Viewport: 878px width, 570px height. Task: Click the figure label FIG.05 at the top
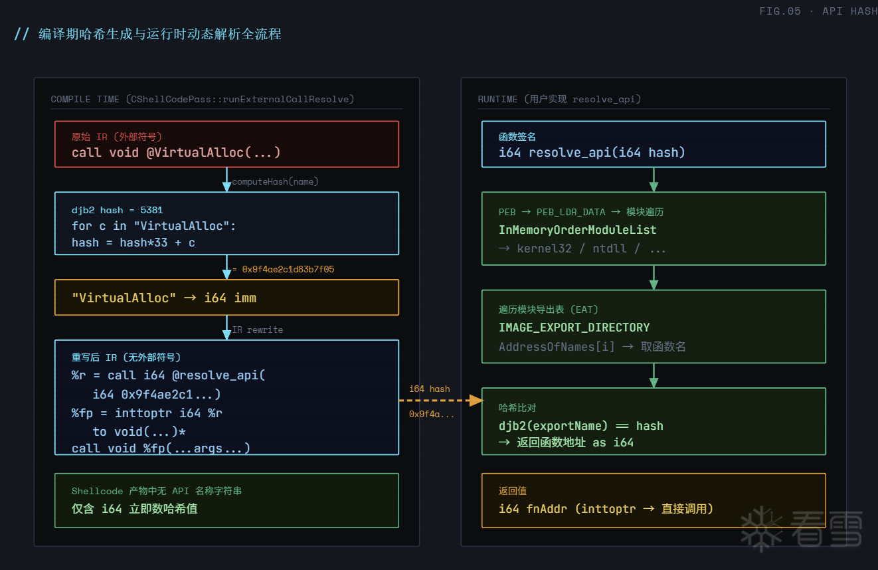click(x=780, y=11)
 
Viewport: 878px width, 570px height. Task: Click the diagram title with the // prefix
click(x=147, y=34)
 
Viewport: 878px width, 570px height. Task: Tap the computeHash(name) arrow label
click(x=275, y=181)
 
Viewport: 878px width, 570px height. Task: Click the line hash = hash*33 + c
click(x=133, y=242)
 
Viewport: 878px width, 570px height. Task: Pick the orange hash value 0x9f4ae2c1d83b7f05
click(x=288, y=269)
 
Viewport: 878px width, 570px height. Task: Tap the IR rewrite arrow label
click(x=257, y=330)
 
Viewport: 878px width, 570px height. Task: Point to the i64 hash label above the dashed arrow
click(x=429, y=389)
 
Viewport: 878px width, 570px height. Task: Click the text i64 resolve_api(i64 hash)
click(x=592, y=153)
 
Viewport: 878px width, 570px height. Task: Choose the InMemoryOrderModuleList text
click(x=577, y=230)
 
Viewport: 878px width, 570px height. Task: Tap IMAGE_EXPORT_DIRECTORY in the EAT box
click(x=574, y=328)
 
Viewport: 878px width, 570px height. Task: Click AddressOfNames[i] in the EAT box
click(x=557, y=347)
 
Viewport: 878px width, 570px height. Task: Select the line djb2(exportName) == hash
click(x=580, y=426)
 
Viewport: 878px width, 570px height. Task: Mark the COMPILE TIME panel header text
click(x=202, y=99)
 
